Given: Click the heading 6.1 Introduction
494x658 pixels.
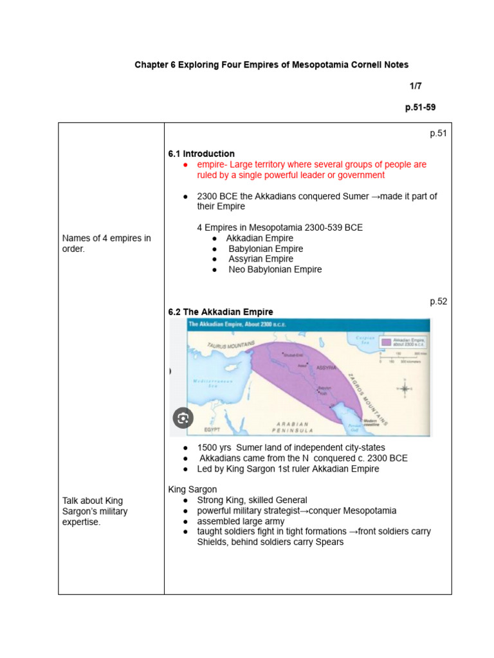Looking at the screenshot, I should click(x=201, y=154).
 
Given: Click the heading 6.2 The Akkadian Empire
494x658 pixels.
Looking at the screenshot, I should click(x=221, y=312).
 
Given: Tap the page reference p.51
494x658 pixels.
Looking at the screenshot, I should click(x=438, y=134).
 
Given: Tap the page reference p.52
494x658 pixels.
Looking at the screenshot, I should click(x=438, y=301).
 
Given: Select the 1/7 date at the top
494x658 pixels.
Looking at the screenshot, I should click(x=416, y=86).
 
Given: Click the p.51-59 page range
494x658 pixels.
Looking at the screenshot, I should click(x=420, y=107).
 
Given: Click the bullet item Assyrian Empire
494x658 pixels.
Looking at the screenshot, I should click(x=261, y=259).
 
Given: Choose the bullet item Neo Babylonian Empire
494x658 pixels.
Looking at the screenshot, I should click(x=275, y=270).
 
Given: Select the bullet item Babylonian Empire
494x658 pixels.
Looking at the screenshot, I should click(x=266, y=249).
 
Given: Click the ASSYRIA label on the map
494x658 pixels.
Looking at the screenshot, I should click(x=326, y=368).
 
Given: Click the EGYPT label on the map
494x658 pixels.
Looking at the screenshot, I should click(x=213, y=429).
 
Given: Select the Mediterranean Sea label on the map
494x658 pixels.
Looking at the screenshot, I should click(x=212, y=384).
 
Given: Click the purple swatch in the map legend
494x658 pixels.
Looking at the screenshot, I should click(x=386, y=342).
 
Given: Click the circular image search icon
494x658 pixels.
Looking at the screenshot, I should click(x=183, y=418).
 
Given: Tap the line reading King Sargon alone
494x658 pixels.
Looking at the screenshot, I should click(x=192, y=490).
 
